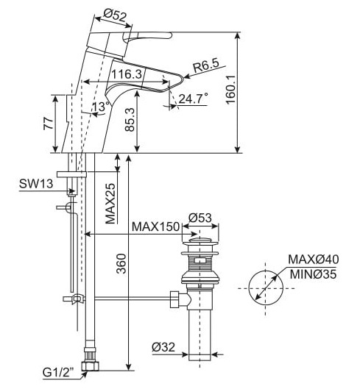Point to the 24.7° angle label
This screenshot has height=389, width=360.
[194, 97]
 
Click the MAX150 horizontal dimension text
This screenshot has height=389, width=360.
[155, 226]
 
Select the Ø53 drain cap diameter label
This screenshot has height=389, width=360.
[200, 218]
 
